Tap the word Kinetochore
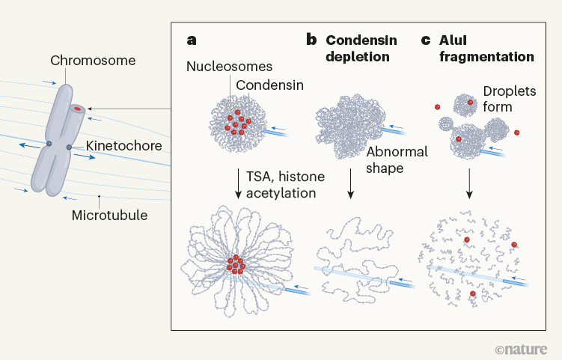(123, 146)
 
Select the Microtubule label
(110, 216)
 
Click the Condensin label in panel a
(269, 85)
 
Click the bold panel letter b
(311, 40)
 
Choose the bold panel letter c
(427, 40)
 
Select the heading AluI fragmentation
(486, 48)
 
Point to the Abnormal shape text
(397, 159)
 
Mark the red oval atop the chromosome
(77, 109)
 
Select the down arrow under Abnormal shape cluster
(349, 183)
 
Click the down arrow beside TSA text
(237, 183)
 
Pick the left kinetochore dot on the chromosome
(49, 142)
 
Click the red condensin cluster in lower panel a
(237, 265)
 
